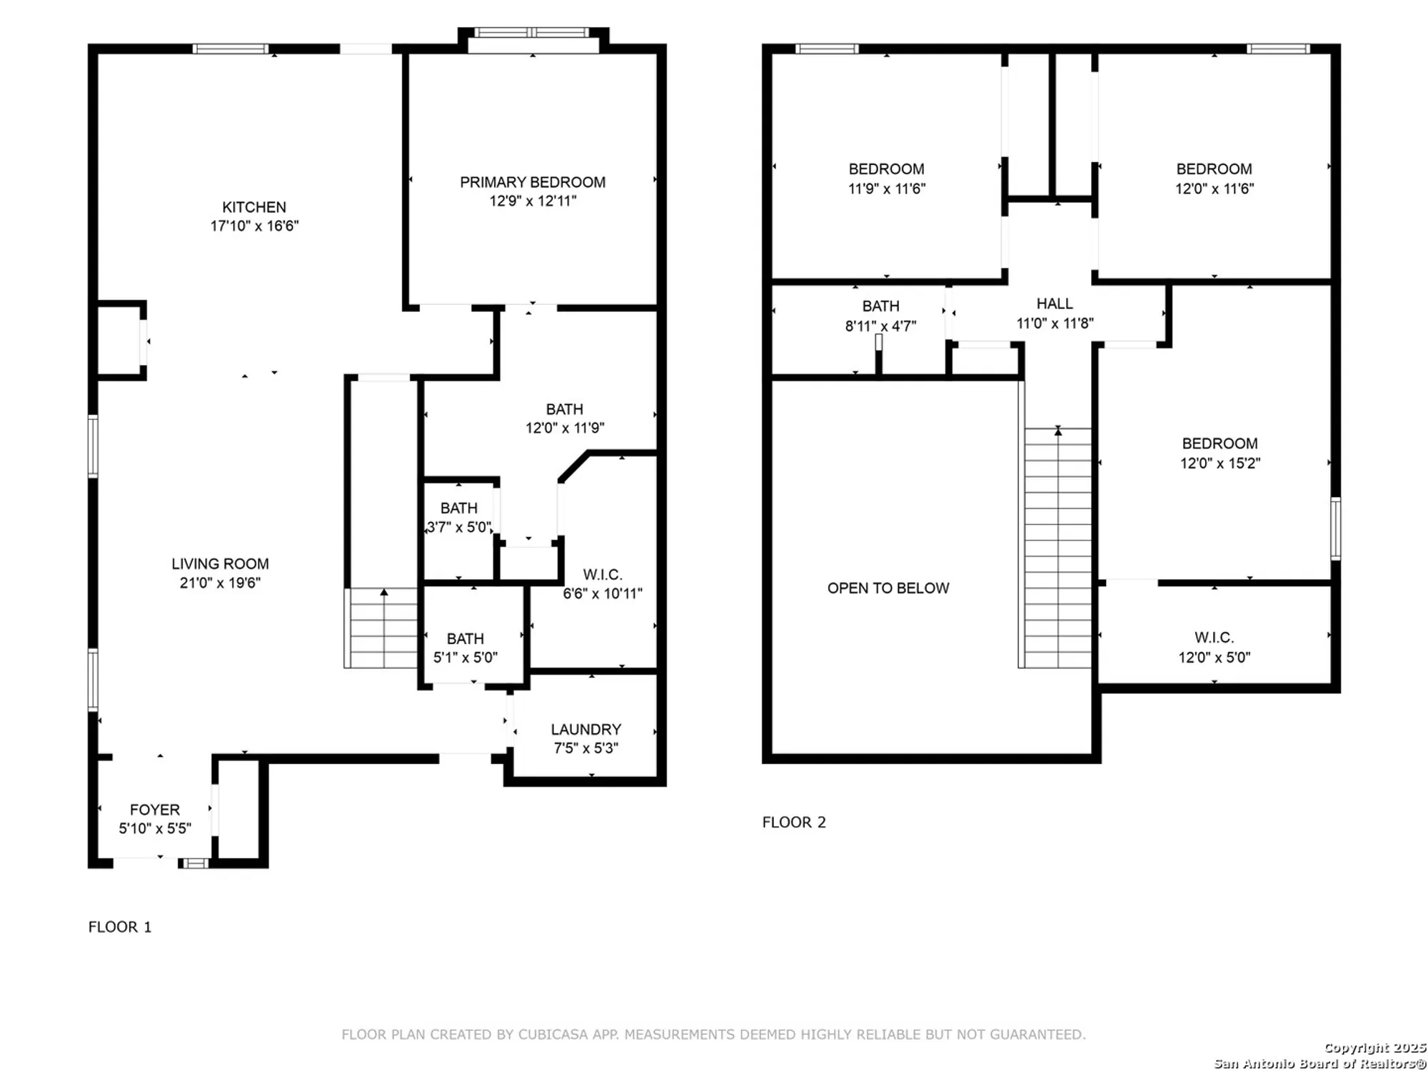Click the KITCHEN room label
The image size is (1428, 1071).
[253, 207]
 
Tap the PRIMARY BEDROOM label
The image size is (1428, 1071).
[532, 182]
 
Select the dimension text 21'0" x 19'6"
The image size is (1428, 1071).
[220, 583]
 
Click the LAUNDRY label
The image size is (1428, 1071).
[585, 729]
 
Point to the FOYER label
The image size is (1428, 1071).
[154, 810]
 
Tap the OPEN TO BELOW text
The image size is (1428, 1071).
[888, 588]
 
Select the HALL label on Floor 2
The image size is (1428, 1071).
[1054, 303]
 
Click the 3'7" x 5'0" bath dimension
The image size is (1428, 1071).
[459, 528]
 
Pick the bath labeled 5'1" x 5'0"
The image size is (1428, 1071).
[465, 648]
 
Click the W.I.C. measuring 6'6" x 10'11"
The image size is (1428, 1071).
[602, 584]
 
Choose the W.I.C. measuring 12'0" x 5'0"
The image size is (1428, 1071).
[1214, 647]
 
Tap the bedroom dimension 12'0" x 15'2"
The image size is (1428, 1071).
[1220, 463]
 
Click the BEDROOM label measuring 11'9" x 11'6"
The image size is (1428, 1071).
[886, 169]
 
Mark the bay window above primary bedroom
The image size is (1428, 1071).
[532, 33]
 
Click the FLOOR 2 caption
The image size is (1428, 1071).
[793, 822]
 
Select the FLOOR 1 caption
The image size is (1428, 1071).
[119, 927]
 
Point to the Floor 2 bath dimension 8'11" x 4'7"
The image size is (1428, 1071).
[880, 326]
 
